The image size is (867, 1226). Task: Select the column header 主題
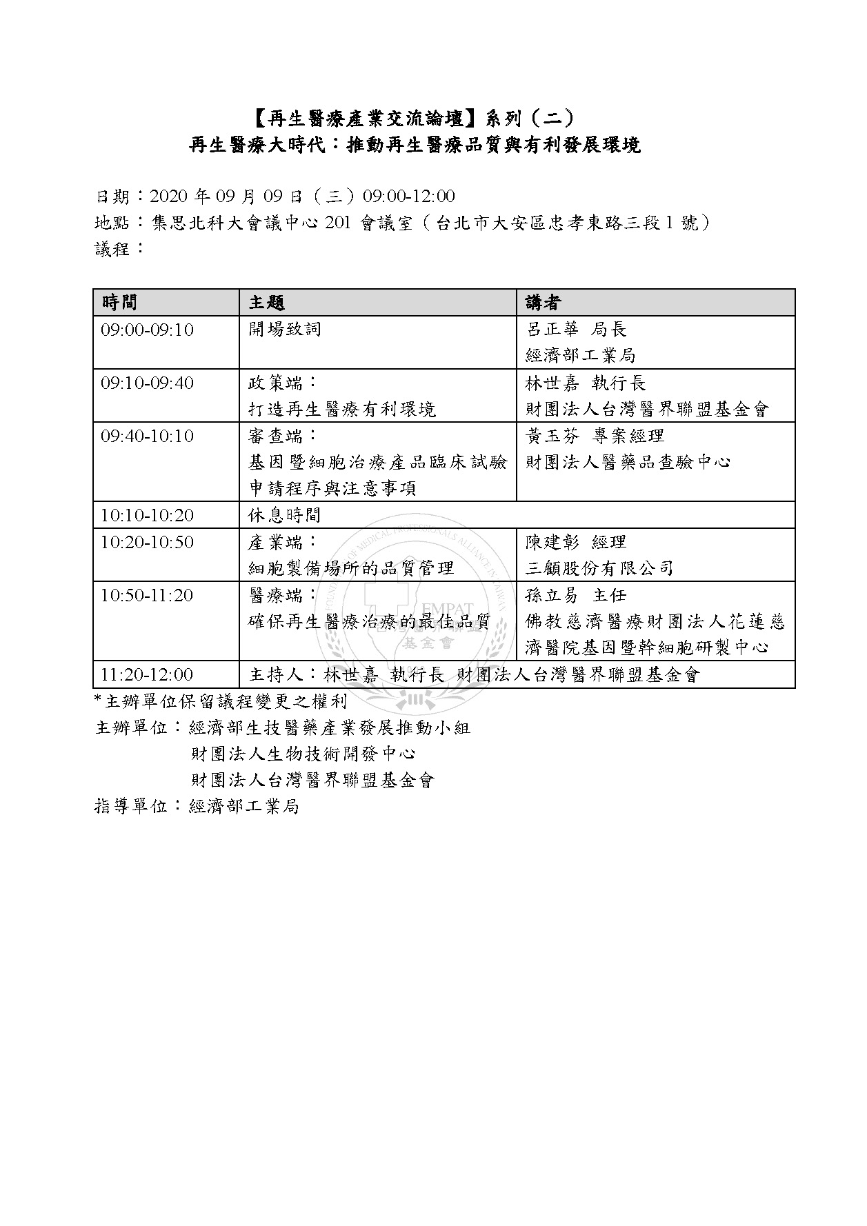pos(266,303)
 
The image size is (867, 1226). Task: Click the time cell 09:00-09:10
pos(147,330)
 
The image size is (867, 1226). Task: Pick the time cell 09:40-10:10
pos(147,436)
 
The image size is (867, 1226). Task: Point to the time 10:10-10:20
pos(147,515)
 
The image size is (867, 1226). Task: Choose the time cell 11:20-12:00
pos(147,674)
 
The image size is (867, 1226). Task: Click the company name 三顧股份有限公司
pos(599,569)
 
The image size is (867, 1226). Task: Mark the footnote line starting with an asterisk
pos(221,702)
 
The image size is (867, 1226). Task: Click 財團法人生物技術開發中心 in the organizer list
pos(303,754)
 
